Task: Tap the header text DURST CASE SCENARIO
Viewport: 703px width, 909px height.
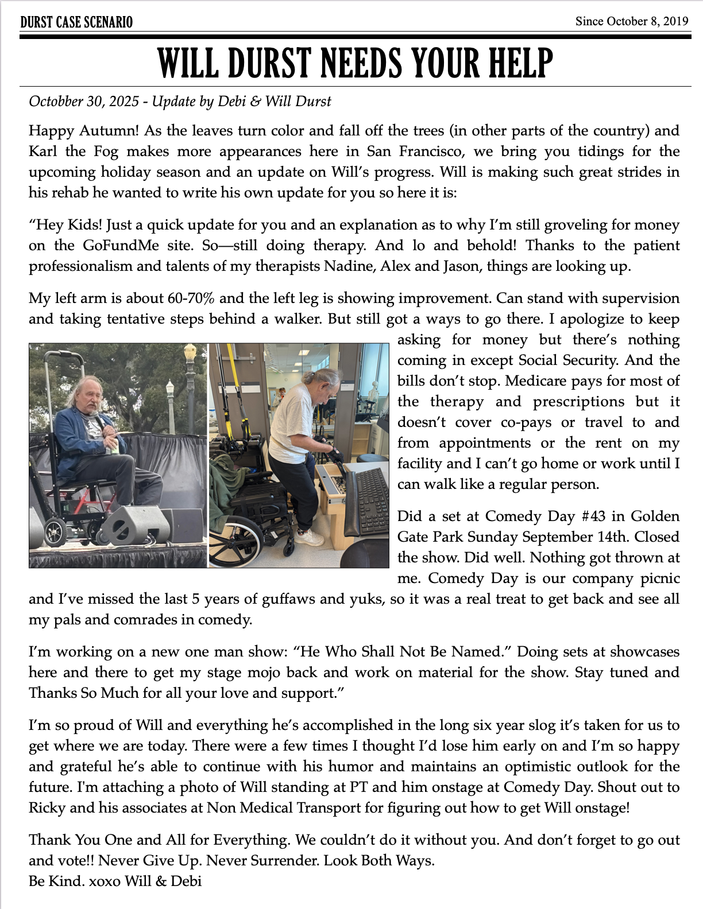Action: pos(76,22)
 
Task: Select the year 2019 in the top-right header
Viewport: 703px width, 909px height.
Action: pos(675,21)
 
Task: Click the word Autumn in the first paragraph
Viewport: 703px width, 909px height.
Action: pos(109,130)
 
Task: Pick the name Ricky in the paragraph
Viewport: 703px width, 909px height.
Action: pos(47,807)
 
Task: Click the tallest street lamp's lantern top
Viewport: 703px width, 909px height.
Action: pos(190,351)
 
